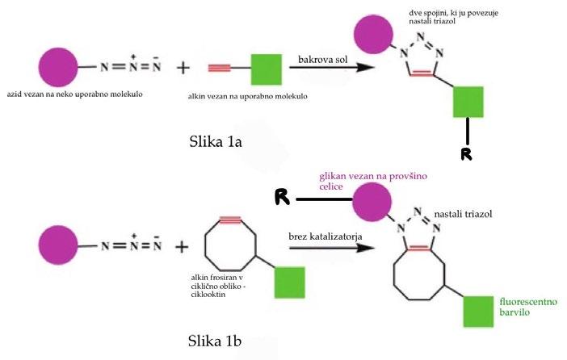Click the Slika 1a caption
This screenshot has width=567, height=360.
214,143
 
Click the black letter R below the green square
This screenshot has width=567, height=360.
466,153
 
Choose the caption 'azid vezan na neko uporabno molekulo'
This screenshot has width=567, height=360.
73,94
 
